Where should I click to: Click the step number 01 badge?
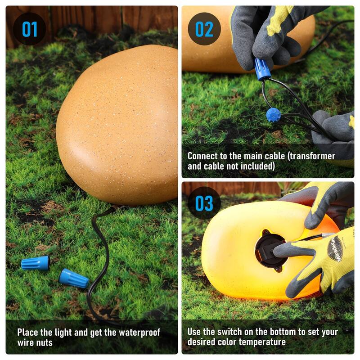tap(30, 29)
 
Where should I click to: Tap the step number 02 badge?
tap(204, 29)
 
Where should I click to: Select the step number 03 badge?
tap(204, 203)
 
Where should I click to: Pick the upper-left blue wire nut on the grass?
tap(36, 263)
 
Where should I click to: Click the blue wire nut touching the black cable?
tap(73, 279)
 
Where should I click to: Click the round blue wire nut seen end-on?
tap(273, 115)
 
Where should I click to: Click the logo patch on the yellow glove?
tap(335, 249)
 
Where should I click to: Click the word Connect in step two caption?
tap(202, 156)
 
